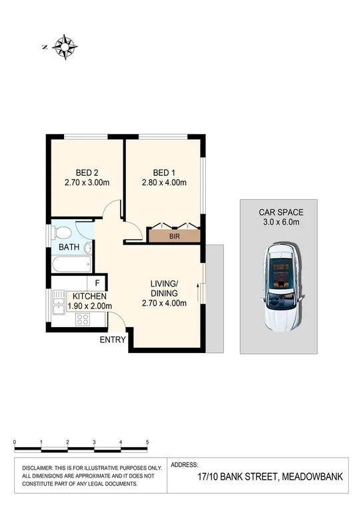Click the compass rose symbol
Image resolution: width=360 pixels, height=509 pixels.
pos(65,46)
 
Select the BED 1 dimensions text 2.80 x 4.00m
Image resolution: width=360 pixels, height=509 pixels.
pos(163,183)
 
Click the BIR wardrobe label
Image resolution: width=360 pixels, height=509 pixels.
pos(174,236)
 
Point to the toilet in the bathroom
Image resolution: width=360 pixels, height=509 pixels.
pos(62,233)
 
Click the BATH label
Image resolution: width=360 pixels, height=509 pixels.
pos(69,247)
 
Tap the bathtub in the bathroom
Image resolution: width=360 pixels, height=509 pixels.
pos(70,264)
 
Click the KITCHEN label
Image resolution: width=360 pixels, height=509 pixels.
pos(89,296)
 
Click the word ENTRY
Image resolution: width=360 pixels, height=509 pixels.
pos(112,340)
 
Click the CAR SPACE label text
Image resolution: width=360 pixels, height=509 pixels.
pos(281,213)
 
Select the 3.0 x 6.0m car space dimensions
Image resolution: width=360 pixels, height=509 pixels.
pos(281,223)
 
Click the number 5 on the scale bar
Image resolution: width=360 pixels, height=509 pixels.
pos(147,442)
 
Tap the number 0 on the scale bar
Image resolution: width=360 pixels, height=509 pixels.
pos(15,442)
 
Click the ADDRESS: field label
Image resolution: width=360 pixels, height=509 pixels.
pos(185,464)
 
